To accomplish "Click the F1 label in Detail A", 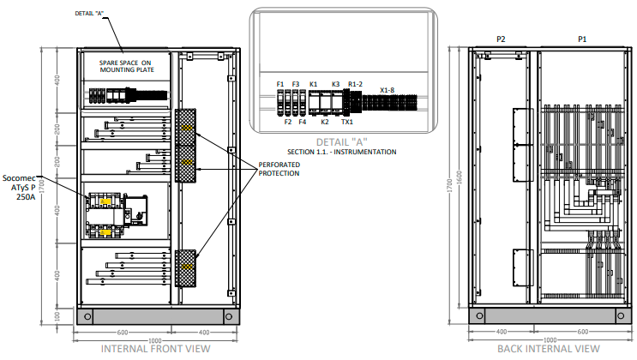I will [280, 84].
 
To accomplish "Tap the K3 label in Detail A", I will [335, 84].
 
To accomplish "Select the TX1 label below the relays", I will [346, 123].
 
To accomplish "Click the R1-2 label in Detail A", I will [355, 84].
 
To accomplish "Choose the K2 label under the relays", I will [324, 123].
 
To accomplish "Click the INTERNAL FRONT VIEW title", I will [155, 349].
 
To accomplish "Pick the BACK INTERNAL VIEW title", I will [549, 349].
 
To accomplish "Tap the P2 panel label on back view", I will [502, 39].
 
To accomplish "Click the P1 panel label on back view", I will [582, 39].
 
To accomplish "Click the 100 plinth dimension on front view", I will [57, 316].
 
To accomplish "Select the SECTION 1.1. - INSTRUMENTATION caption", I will [342, 152].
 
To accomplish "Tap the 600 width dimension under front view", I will [122, 332].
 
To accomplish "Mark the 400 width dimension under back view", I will [501, 332].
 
